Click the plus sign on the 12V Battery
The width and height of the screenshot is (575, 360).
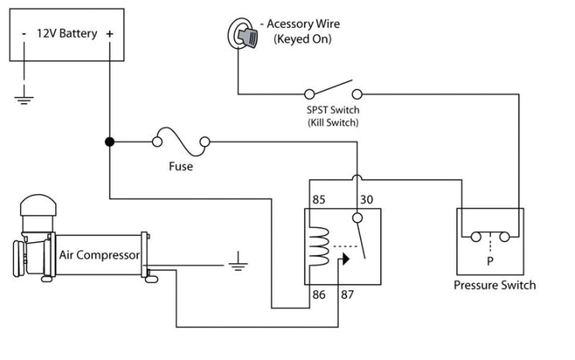click(x=109, y=34)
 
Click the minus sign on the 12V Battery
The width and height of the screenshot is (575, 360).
click(x=25, y=34)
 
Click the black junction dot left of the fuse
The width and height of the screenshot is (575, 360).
click(x=109, y=143)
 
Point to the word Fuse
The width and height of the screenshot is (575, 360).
click(x=180, y=167)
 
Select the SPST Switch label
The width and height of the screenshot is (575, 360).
click(x=332, y=110)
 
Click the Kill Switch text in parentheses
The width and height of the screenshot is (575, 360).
click(x=332, y=123)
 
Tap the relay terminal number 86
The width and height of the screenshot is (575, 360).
click(x=318, y=296)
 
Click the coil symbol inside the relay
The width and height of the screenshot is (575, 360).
click(x=318, y=245)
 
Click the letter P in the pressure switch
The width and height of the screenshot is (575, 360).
click(x=489, y=261)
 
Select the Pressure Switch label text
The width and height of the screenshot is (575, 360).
click(x=495, y=285)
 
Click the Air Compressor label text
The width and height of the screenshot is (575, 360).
click(x=99, y=255)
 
